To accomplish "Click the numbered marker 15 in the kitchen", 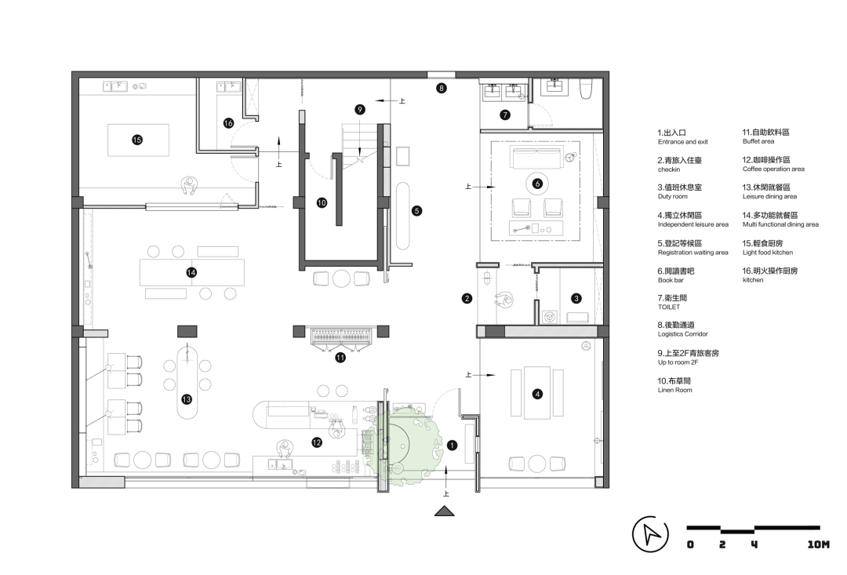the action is pos(137,140).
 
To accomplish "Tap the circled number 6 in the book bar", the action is pos(537,184).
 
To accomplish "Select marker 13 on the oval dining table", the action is pos(187,399).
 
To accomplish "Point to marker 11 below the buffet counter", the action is pos(340,357).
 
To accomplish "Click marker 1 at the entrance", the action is pos(453,446).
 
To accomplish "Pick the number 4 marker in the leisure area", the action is pos(537,394).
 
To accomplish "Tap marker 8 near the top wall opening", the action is pos(442,88).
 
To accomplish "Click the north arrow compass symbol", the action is pos(650,534).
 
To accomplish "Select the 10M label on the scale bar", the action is pos(818,544).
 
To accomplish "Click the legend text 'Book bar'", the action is pos(671,280).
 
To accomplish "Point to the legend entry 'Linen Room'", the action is pos(674,390).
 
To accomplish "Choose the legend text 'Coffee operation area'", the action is pos(773,169).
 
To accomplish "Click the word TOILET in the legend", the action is pos(669,307).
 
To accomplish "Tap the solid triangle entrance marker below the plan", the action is pos(445,511).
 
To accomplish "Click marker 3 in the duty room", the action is pos(576,298).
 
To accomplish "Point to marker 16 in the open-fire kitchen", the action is pos(228,123).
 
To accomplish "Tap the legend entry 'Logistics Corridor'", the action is pos(683,334).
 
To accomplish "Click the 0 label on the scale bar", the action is pos(690,544).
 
